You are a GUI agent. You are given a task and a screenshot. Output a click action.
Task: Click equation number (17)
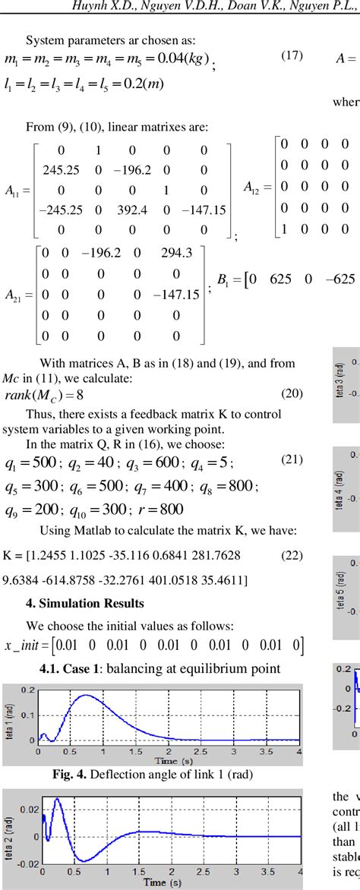[292, 55]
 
